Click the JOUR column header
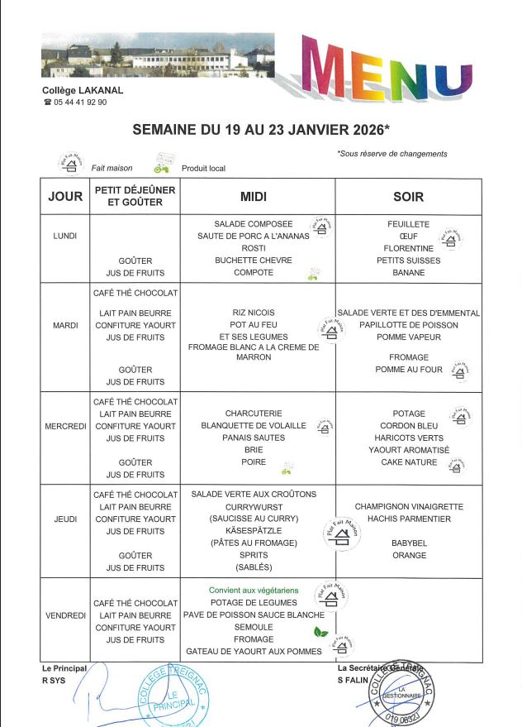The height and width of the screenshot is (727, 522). tap(65, 196)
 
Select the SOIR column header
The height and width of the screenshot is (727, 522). tap(408, 196)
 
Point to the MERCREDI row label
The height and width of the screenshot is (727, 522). tap(65, 426)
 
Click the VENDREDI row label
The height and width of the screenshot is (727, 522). tap(65, 615)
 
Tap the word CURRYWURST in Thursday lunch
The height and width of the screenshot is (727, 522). tap(253, 506)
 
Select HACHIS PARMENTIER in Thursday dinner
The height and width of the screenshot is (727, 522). tap(409, 519)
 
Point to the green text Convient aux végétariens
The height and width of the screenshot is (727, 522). tap(253, 591)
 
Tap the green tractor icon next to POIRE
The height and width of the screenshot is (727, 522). tap(286, 468)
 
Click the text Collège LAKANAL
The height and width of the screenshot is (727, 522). tap(75, 90)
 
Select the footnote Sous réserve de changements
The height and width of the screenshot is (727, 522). tap(392, 154)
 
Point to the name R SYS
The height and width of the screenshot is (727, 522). tap(56, 680)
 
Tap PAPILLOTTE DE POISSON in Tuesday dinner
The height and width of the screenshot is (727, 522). tap(408, 325)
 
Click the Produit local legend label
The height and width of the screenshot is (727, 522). tap(203, 169)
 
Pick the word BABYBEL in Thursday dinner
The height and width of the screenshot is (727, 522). tap(409, 543)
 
